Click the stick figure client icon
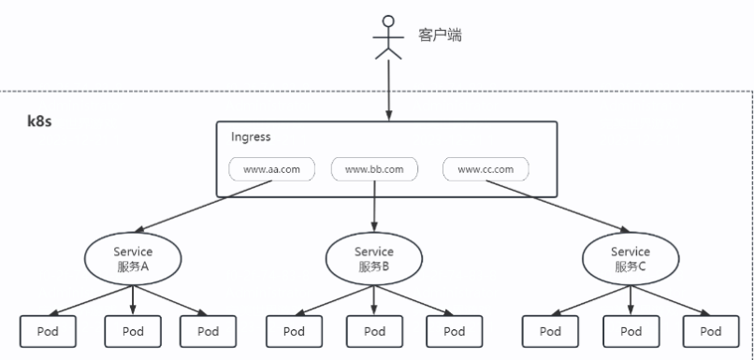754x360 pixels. (x=388, y=37)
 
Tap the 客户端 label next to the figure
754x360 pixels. (x=440, y=36)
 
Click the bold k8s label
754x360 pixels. (x=39, y=122)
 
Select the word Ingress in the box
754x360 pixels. (x=251, y=137)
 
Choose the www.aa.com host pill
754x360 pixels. (x=271, y=169)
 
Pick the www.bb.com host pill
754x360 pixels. (x=374, y=169)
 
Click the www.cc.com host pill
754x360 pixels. (x=486, y=169)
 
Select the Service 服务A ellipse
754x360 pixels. (x=133, y=259)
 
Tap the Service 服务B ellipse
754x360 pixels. (x=374, y=259)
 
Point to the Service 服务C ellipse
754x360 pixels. (x=631, y=259)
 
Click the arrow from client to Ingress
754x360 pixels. (x=388, y=90)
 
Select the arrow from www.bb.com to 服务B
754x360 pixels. (x=374, y=207)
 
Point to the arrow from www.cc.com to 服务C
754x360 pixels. (x=558, y=207)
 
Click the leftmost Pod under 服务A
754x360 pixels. (x=48, y=331)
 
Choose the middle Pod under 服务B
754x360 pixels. (x=374, y=331)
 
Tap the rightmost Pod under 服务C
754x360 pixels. (x=711, y=331)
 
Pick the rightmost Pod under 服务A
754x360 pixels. (x=209, y=331)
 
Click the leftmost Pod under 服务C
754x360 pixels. (x=550, y=331)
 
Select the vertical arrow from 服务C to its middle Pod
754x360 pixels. (x=631, y=300)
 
